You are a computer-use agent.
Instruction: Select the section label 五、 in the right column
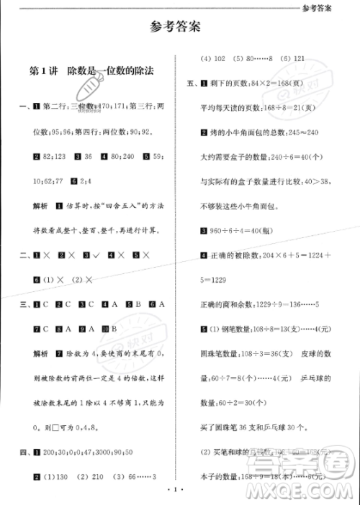tap(192, 83)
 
